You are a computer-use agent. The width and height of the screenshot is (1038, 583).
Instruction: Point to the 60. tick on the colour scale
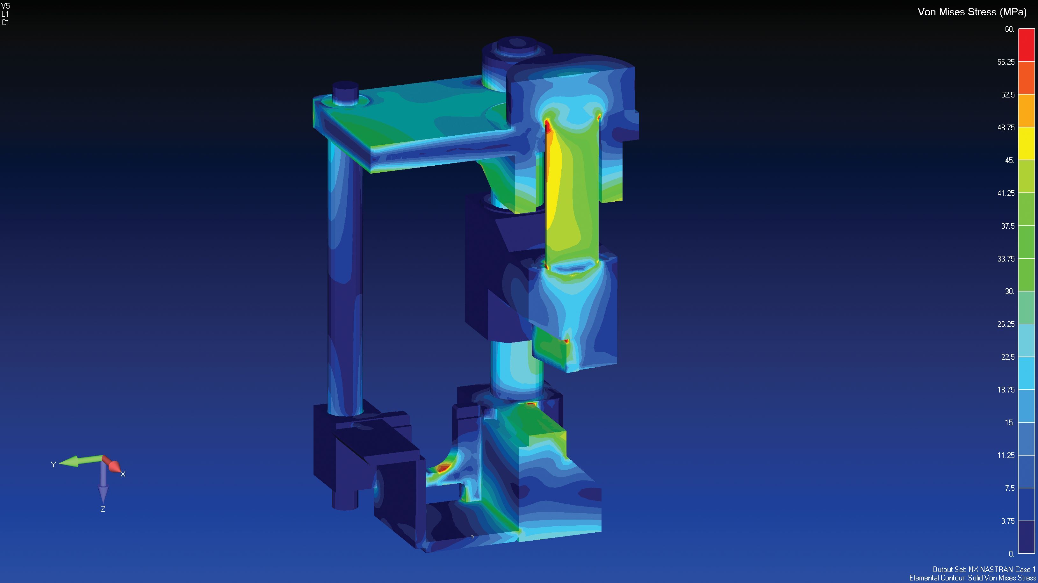[x=1009, y=29]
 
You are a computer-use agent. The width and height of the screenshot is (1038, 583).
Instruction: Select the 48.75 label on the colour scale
[x=1006, y=127]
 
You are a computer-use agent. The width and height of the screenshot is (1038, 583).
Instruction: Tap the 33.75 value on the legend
[x=1006, y=259]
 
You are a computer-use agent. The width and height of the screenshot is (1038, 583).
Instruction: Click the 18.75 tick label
[x=1006, y=390]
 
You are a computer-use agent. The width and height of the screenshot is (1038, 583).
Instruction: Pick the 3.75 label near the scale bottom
[x=1007, y=521]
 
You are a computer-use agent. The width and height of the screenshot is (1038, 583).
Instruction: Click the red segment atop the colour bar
[x=1026, y=45]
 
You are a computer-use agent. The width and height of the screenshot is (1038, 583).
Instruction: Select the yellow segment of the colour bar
[x=1026, y=143]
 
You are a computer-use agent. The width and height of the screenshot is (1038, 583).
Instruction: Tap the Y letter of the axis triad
[x=53, y=464]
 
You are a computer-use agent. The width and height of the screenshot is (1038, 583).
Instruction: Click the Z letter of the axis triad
[x=103, y=509]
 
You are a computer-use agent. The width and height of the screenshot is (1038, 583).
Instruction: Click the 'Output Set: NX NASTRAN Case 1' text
[x=984, y=569]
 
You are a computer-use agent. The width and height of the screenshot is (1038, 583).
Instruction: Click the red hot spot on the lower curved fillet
[x=443, y=467]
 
